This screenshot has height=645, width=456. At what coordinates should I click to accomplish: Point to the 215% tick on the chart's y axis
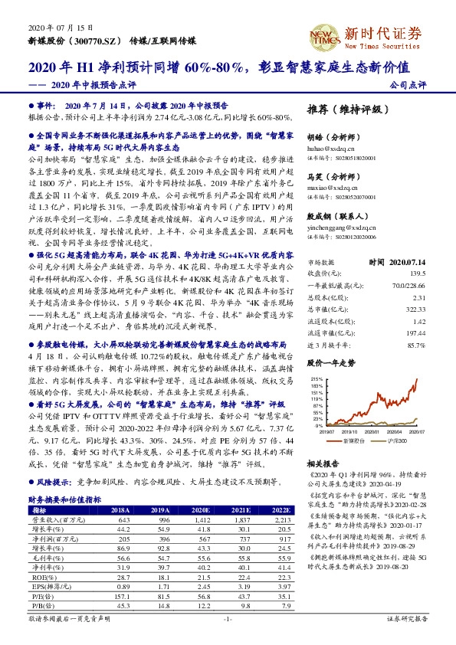tap(315, 378)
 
